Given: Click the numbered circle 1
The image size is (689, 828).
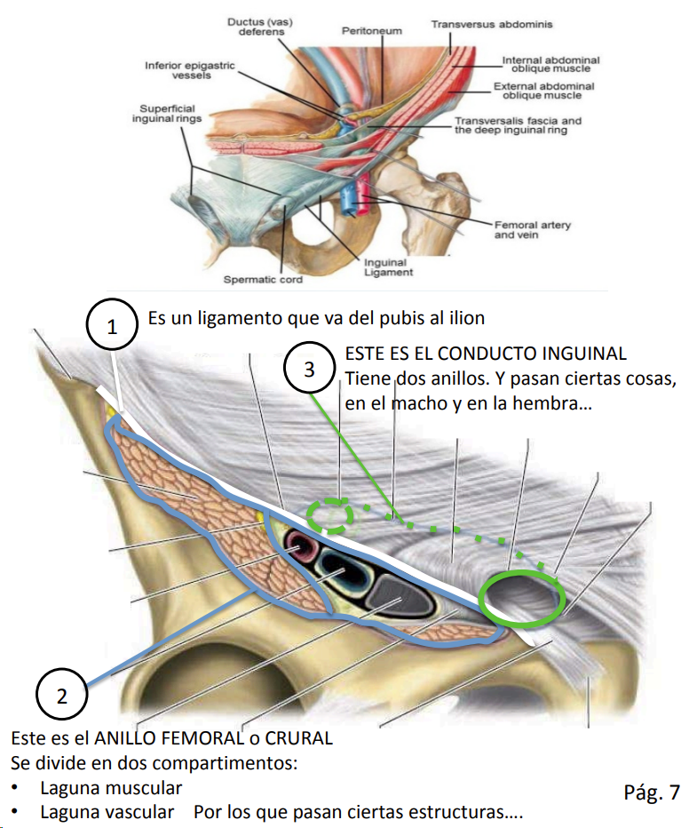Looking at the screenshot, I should (x=112, y=326).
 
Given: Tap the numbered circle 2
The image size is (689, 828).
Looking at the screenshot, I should (x=61, y=696).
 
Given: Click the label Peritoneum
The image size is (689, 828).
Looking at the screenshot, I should (x=371, y=30).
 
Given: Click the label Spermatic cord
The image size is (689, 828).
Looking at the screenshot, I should (x=263, y=279).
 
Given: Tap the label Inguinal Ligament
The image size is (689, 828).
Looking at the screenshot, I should (x=385, y=267).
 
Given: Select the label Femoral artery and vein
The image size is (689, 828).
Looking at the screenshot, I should (x=533, y=230).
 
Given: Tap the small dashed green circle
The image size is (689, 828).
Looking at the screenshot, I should (x=329, y=515).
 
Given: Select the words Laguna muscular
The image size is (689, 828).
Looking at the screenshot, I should (x=111, y=787).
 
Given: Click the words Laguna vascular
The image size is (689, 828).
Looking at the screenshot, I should (x=107, y=811).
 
